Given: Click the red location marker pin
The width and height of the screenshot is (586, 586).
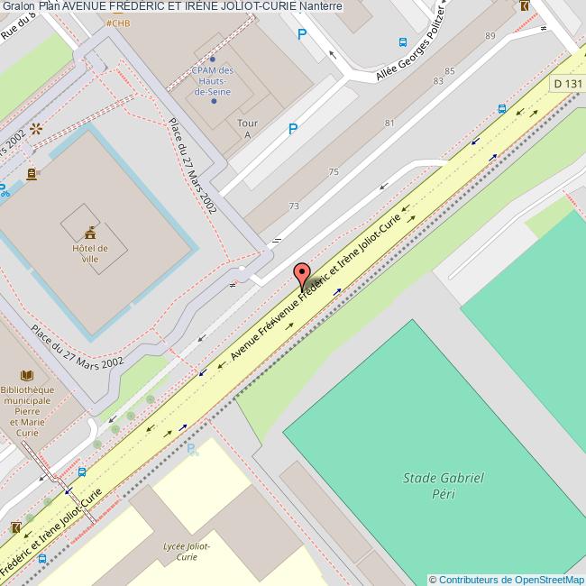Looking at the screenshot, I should (x=302, y=275).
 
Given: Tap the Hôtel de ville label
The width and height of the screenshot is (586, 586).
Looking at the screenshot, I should (x=90, y=253).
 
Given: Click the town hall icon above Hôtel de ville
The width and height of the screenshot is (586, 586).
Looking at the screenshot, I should (x=90, y=230).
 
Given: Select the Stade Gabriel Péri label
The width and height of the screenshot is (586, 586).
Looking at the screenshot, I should (x=444, y=485).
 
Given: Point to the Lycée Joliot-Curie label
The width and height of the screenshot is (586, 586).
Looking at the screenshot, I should (x=188, y=551).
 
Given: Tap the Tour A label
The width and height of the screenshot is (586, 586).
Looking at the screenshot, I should (x=246, y=128).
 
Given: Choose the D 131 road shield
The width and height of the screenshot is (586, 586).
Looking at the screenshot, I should (x=568, y=83).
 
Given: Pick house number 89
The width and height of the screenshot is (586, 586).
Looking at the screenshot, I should (x=490, y=36).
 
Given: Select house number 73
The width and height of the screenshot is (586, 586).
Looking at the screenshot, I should (x=294, y=206).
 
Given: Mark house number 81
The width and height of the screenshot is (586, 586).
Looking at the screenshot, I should (x=389, y=123).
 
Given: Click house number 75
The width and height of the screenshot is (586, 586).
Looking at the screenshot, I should (x=334, y=171).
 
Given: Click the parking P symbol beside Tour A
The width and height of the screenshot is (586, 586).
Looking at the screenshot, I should (x=292, y=130).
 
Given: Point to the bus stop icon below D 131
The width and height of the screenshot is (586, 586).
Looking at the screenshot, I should (x=501, y=109).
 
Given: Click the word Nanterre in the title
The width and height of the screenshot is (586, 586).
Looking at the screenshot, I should (x=321, y=6).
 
